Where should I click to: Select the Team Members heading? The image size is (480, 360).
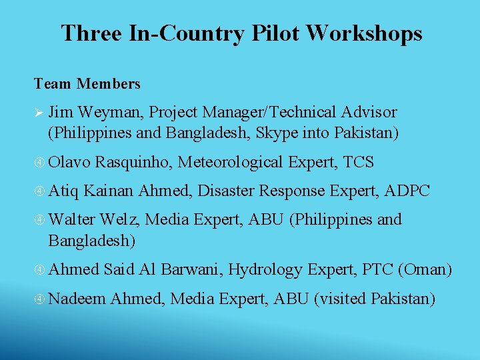87,84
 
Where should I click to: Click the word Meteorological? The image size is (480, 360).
231,162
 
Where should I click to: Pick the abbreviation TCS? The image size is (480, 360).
359,162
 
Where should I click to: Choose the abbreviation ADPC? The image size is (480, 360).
409,191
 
